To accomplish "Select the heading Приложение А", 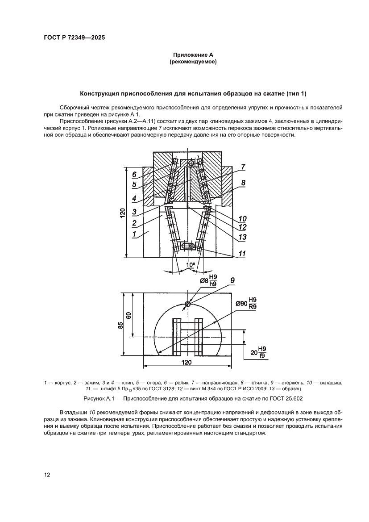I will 193,55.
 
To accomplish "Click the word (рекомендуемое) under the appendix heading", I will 193,63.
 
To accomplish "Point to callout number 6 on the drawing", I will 134,175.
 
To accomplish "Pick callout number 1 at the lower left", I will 134,233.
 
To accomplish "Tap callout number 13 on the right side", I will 242,236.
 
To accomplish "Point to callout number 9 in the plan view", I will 232,280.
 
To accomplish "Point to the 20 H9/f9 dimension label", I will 258,352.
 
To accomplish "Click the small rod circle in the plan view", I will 188,304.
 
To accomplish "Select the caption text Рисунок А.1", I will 193,397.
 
